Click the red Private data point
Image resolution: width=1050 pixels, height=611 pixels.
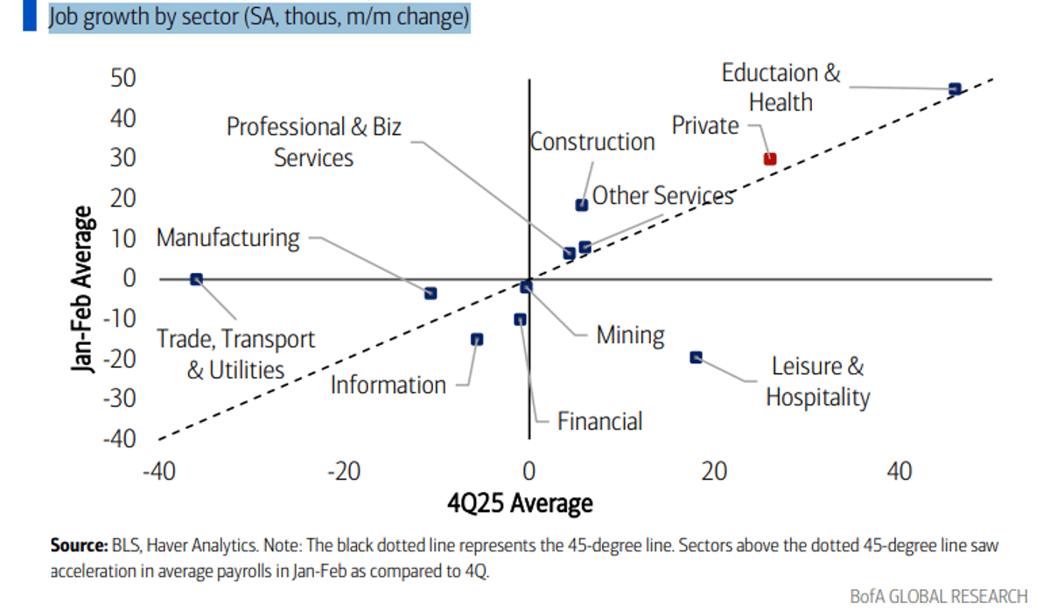click(x=770, y=159)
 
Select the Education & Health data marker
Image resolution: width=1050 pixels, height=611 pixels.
click(x=955, y=89)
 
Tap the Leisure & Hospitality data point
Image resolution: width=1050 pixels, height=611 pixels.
click(x=696, y=357)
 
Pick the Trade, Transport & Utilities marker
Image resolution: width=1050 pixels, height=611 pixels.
click(x=196, y=279)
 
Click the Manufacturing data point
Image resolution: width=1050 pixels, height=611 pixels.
click(x=430, y=293)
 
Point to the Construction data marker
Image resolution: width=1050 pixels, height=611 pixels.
click(x=581, y=205)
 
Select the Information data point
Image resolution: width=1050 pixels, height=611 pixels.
click(x=477, y=340)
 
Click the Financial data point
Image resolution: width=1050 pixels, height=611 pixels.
click(x=520, y=320)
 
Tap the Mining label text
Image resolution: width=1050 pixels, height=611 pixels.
click(x=630, y=335)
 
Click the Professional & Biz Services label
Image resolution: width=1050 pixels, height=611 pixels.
click(x=313, y=142)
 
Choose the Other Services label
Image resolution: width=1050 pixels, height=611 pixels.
click(x=662, y=195)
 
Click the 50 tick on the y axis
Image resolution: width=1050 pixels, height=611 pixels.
click(x=122, y=79)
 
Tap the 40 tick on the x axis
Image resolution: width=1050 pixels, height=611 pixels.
click(x=899, y=472)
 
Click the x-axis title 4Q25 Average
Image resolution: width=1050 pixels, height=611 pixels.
click(x=520, y=503)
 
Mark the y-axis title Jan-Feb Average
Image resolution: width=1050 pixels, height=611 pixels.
click(x=83, y=289)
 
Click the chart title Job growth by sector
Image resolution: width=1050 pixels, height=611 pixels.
click(x=259, y=18)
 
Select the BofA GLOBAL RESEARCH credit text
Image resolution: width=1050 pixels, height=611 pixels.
click(x=939, y=596)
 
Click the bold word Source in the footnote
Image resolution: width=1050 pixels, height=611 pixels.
click(x=78, y=545)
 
